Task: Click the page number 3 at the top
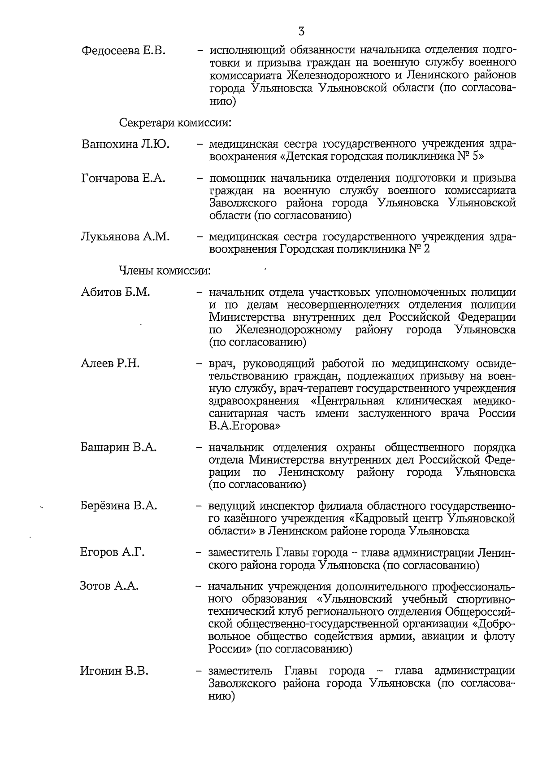pos(302,31)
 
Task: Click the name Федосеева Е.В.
pos(124,50)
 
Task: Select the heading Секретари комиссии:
pos(175,122)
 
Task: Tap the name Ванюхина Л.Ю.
pos(126,144)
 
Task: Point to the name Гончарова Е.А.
pos(123,179)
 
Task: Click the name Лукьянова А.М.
pos(126,237)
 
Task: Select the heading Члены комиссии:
pos(165,271)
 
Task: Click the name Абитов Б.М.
pos(115,293)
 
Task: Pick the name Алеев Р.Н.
pos(110,363)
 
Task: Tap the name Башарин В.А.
pos(118,447)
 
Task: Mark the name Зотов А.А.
pos(109,586)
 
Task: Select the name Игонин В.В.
pos(114,671)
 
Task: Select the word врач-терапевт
pos(320,388)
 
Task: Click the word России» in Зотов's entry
pos(230,649)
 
